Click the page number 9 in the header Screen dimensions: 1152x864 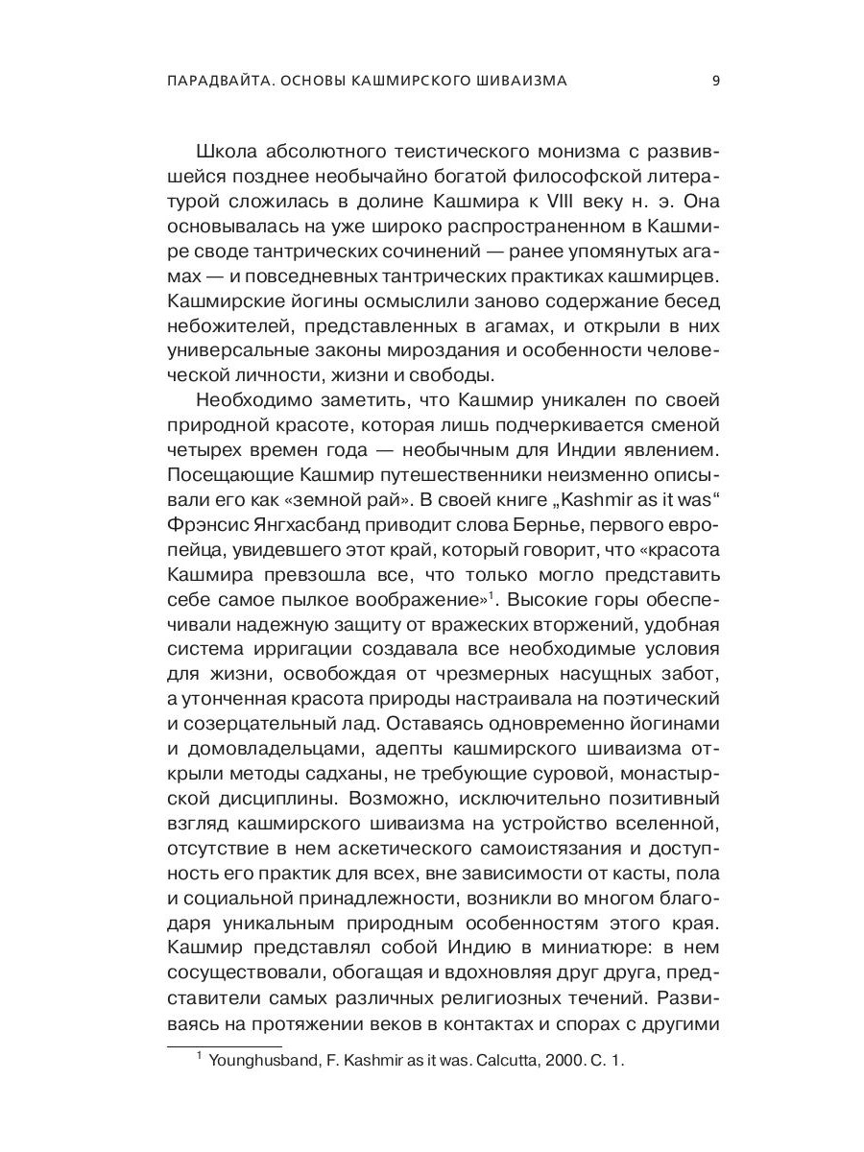[715, 81]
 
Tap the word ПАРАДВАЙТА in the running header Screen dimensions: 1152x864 [204, 81]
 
